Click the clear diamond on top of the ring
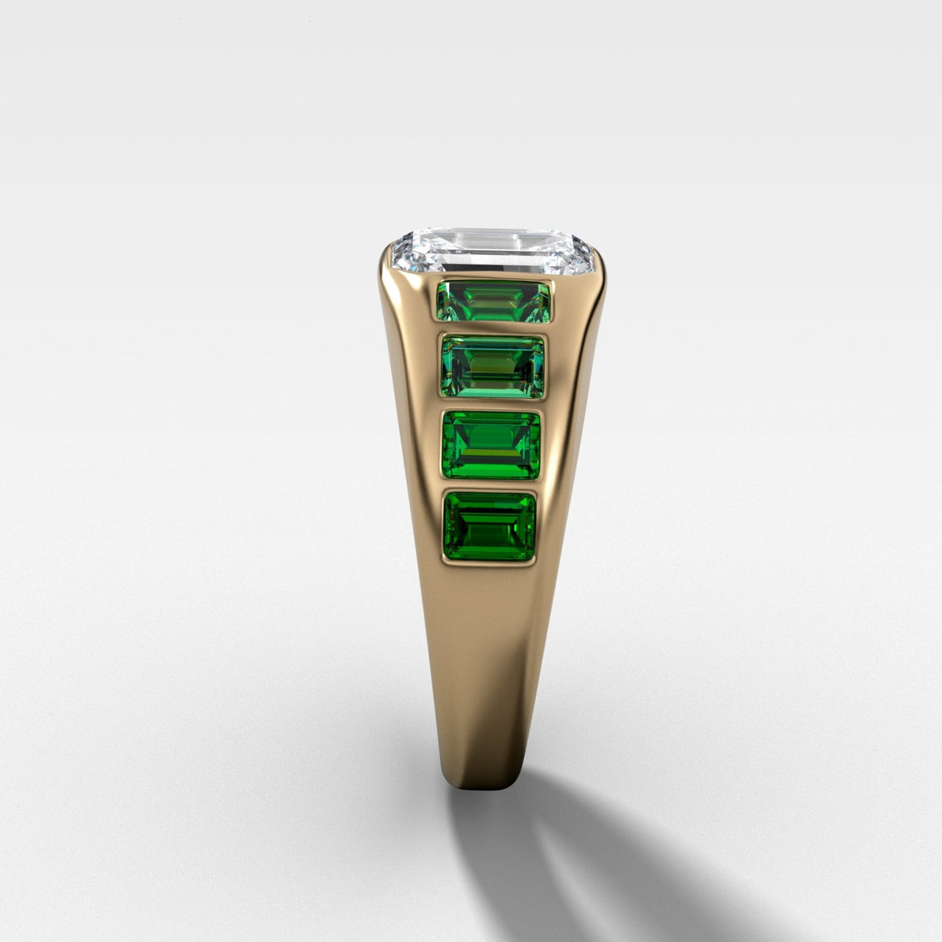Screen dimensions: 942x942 tap(491, 251)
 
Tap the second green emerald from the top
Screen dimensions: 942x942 tap(493, 365)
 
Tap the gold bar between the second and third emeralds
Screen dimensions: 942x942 tap(493, 403)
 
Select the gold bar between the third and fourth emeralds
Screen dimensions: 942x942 tap(491, 485)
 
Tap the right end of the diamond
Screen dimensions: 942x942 tap(590, 253)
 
